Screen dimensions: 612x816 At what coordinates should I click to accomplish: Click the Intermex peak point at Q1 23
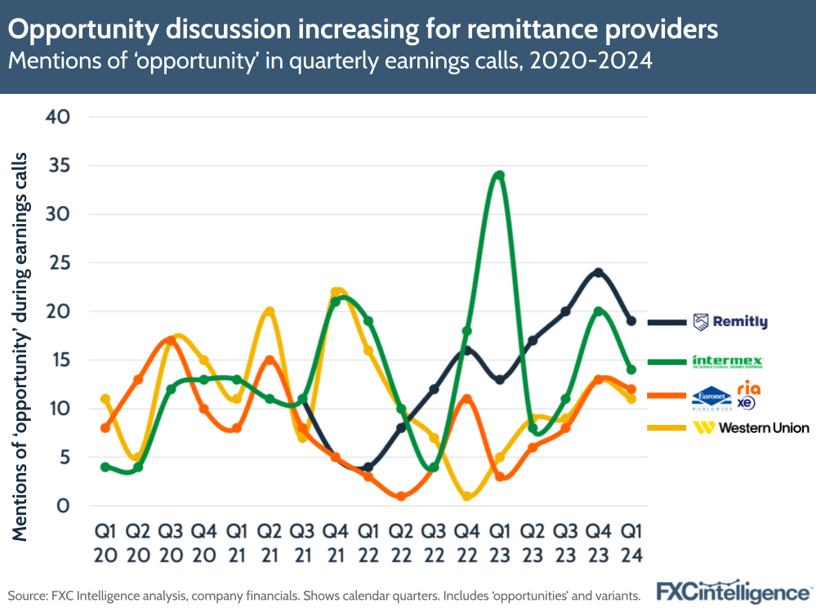click(x=499, y=176)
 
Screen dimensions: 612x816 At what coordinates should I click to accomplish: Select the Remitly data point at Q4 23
click(x=598, y=272)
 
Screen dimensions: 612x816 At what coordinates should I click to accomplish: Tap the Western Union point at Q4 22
click(x=466, y=496)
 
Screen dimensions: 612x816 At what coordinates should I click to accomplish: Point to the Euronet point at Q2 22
click(x=400, y=496)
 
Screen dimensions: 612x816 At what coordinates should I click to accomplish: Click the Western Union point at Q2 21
click(x=269, y=311)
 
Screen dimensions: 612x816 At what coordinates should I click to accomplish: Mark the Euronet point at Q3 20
click(x=171, y=341)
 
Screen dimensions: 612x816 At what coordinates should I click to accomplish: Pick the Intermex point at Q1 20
click(x=105, y=467)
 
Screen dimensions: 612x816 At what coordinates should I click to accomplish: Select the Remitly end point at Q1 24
click(x=631, y=321)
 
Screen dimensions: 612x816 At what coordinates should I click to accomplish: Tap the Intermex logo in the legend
click(x=728, y=360)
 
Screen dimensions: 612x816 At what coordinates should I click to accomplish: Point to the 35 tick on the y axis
click(x=62, y=166)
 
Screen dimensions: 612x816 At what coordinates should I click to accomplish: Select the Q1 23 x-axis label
click(x=499, y=542)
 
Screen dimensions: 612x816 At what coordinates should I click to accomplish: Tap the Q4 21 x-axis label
click(x=335, y=542)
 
